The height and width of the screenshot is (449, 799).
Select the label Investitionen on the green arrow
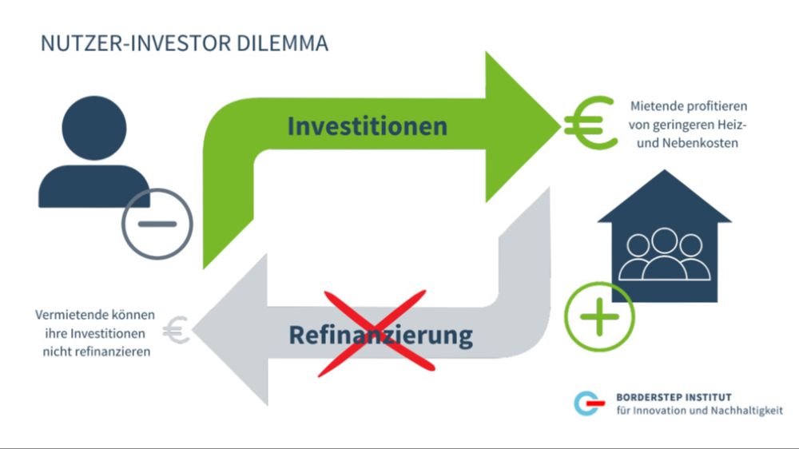coord(367,126)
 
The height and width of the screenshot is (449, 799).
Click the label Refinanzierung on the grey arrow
coord(380,335)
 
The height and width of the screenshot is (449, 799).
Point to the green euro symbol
coord(590,124)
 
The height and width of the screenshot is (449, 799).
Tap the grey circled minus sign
coord(157,224)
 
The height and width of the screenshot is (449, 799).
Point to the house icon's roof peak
coord(665,174)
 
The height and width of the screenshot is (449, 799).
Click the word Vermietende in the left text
coord(70,315)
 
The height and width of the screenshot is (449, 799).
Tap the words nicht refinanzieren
coord(96,352)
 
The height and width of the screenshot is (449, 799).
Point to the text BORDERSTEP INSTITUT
coord(674,397)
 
